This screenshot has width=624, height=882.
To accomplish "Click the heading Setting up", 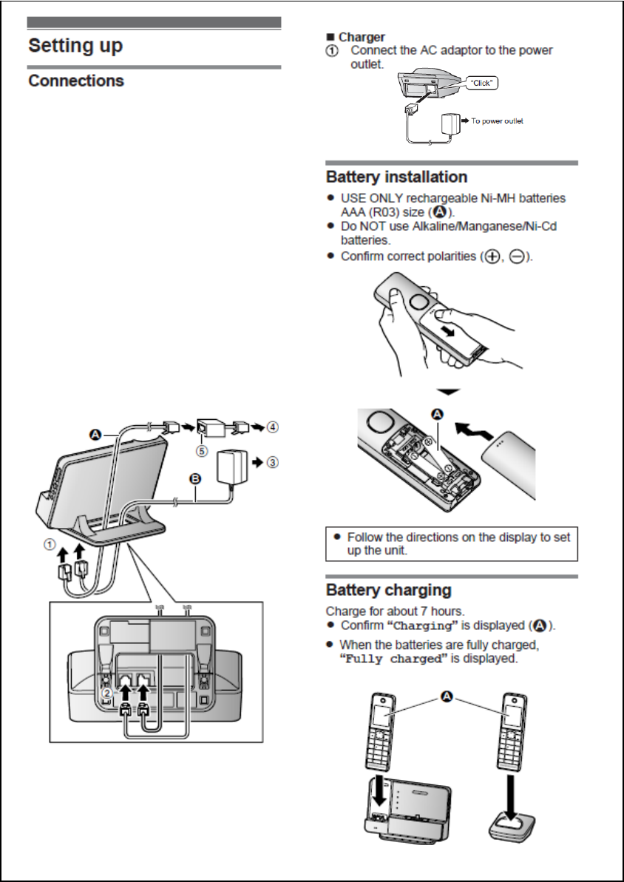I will pyautogui.click(x=75, y=46).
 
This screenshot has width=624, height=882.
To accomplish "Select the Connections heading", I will pyautogui.click(x=76, y=81).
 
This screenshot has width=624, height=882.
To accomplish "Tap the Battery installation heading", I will pyautogui.click(x=396, y=177).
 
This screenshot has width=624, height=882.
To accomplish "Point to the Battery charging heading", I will pyautogui.click(x=388, y=591).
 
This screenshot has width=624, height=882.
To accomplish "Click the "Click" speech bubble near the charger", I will pyautogui.click(x=482, y=84).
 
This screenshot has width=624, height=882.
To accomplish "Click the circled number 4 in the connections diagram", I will pyautogui.click(x=274, y=427).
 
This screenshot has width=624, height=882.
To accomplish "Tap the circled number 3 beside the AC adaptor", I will pyautogui.click(x=274, y=463).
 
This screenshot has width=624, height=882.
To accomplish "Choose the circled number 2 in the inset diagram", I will pyautogui.click(x=106, y=693).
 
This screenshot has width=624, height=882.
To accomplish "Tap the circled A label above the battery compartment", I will pyautogui.click(x=436, y=415).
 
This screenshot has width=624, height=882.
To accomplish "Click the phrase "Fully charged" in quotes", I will pyautogui.click(x=394, y=659).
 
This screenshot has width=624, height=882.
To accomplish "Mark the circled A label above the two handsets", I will pyautogui.click(x=448, y=695).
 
